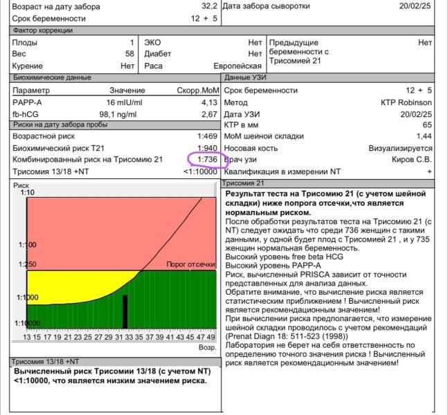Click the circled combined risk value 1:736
207,159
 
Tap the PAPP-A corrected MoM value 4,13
209,102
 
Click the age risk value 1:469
207,136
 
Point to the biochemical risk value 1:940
207,148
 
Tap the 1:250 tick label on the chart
27,264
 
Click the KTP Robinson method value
406,102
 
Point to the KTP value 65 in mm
427,125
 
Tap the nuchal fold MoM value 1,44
424,136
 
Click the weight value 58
129,54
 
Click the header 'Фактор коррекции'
42,30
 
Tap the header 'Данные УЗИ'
246,77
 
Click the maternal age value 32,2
208,6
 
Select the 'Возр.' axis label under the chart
207,347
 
